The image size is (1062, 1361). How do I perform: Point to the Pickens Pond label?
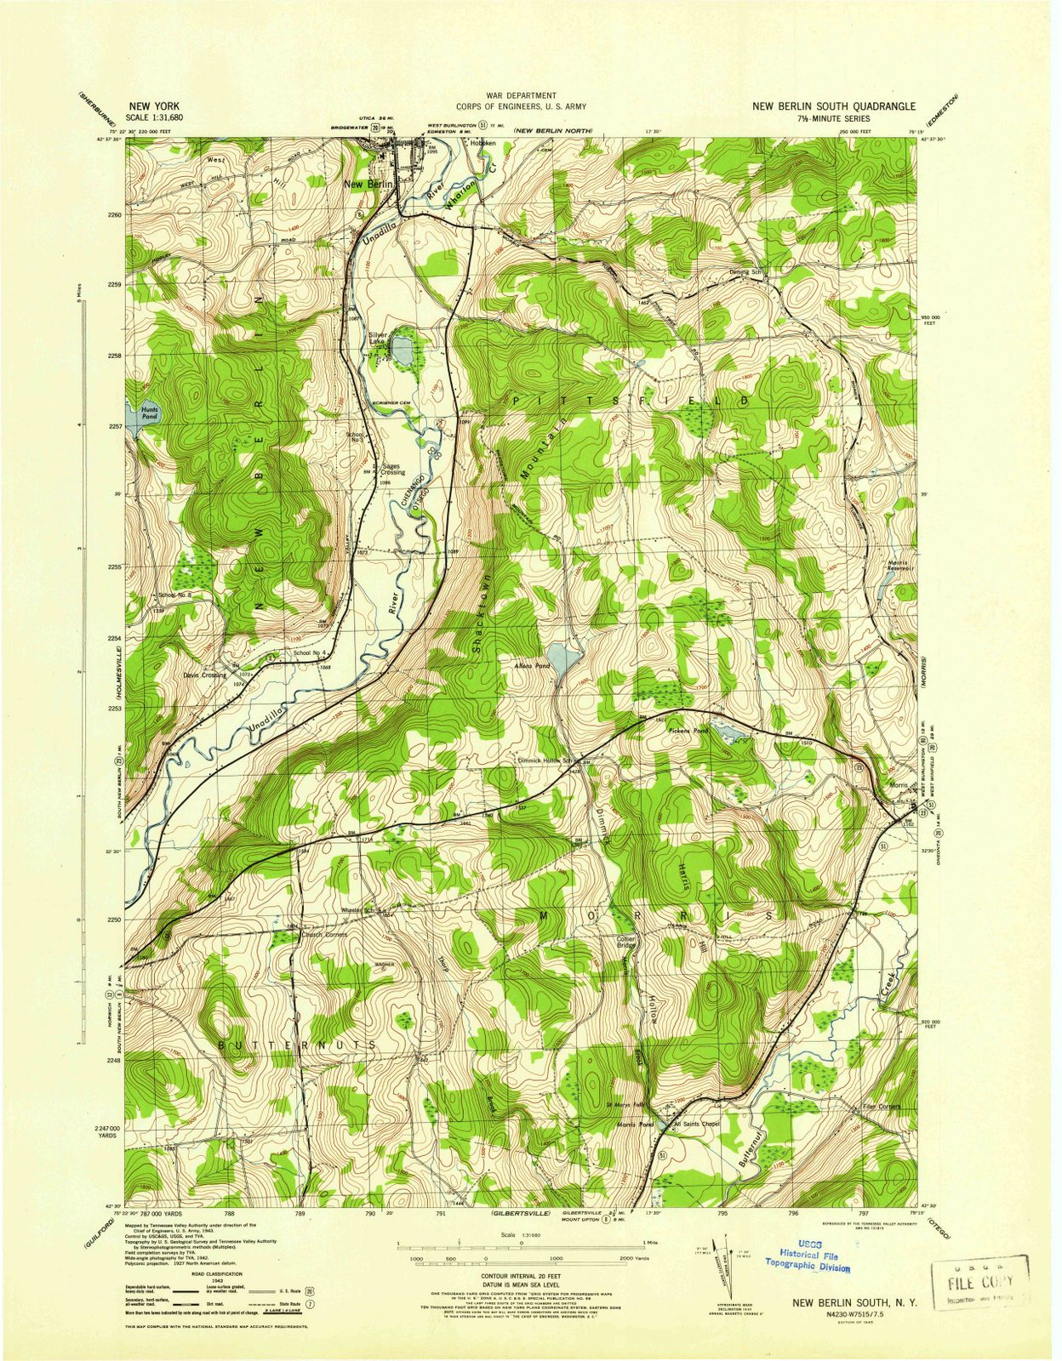click(688, 731)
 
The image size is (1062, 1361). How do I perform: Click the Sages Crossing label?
click(392, 469)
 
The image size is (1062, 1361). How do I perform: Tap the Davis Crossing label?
click(204, 675)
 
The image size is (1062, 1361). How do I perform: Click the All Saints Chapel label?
click(697, 1124)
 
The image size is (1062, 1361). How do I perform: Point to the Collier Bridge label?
click(626, 942)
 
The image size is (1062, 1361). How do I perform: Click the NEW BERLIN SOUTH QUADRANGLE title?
click(833, 106)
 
